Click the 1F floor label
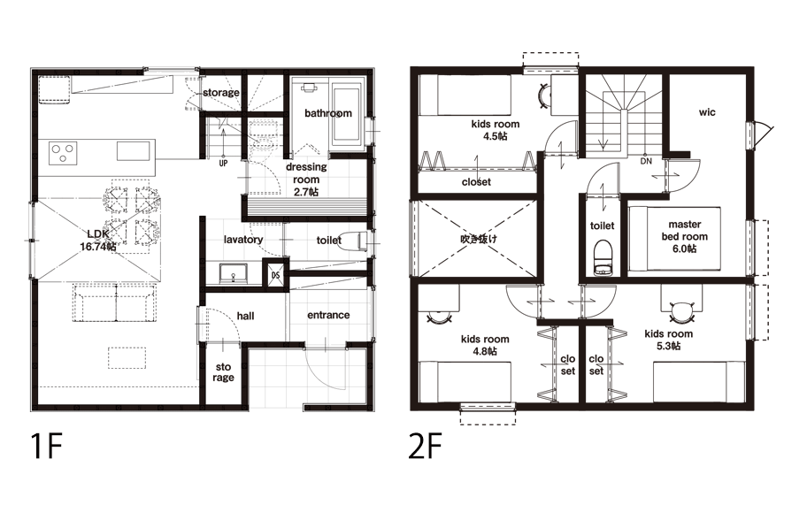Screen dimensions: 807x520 tap(46, 446)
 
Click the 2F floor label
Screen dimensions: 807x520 tap(425, 446)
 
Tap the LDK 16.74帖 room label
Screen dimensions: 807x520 tap(98, 241)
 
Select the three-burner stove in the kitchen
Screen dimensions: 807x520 tap(64, 153)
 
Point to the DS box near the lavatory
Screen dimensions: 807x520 tap(276, 275)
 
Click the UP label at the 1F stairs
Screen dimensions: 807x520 tap(223, 164)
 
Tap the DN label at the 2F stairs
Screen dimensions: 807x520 tap(646, 161)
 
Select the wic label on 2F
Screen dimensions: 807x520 tap(707, 111)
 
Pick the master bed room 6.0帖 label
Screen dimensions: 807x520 tap(685, 237)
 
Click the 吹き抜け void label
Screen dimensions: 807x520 tap(479, 239)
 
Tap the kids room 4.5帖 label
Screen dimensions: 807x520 tap(496, 130)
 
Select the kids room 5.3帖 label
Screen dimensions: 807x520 tap(669, 340)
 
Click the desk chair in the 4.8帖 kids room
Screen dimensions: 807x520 tap(439, 317)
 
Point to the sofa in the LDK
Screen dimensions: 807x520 tap(114, 302)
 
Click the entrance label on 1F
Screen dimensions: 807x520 tap(328, 315)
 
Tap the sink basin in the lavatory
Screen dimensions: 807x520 tap(233, 273)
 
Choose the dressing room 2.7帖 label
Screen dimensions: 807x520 tap(306, 180)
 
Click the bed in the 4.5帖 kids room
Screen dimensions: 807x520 tap(465, 96)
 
